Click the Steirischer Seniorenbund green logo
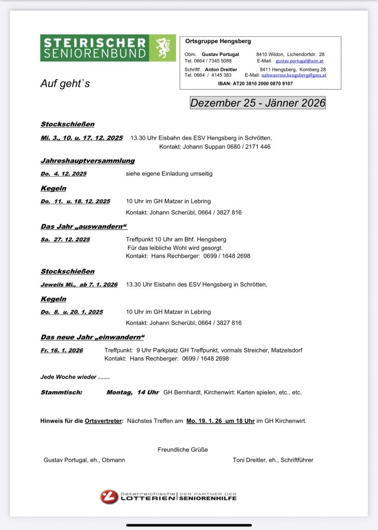pos(108,48)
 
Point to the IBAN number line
pos(256,83)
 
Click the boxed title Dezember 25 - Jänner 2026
pos(258,102)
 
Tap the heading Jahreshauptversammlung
pos(88,160)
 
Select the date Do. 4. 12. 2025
pos(63,173)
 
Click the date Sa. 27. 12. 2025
pos(65,239)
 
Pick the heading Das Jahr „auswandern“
pos(83,227)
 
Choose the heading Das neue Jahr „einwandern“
pos(92,337)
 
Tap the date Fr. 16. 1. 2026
pos(62,350)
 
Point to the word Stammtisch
pos(61,392)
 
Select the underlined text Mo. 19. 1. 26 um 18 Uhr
pos(220,421)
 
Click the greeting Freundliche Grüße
pos(183,449)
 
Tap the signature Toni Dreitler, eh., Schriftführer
pos(273,460)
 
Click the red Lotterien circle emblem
pos(109,497)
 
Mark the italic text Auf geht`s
pos(65,83)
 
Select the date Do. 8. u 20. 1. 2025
pos(72,312)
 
